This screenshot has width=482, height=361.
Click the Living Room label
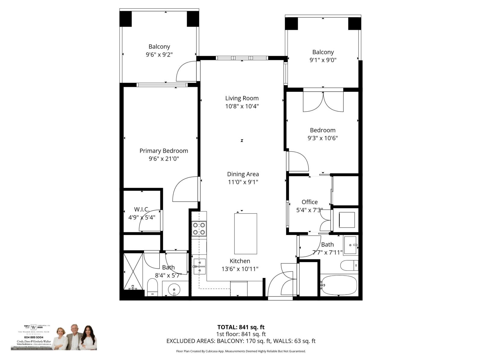(x=242, y=98)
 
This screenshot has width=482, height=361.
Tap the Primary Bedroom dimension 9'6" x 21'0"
(x=164, y=159)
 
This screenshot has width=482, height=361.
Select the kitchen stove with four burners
(x=199, y=228)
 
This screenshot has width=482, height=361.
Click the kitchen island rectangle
(x=246, y=234)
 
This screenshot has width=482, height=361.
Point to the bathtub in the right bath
(x=339, y=285)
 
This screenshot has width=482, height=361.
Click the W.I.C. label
(x=142, y=209)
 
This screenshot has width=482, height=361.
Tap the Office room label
(x=309, y=202)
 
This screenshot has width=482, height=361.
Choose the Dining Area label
(x=243, y=174)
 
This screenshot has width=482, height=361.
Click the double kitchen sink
(x=199, y=267)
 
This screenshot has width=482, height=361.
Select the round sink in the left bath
(x=174, y=290)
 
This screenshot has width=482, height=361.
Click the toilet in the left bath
(x=152, y=287)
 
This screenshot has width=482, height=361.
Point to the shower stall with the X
(x=133, y=271)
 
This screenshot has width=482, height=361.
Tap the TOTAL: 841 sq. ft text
(x=241, y=327)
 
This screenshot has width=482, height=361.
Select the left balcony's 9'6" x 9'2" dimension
(x=159, y=54)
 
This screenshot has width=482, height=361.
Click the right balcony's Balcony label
(x=323, y=52)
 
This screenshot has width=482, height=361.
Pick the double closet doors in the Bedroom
(x=323, y=101)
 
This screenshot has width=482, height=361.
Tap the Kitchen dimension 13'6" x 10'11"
(x=240, y=269)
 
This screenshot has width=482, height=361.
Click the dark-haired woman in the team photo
(x=88, y=338)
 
